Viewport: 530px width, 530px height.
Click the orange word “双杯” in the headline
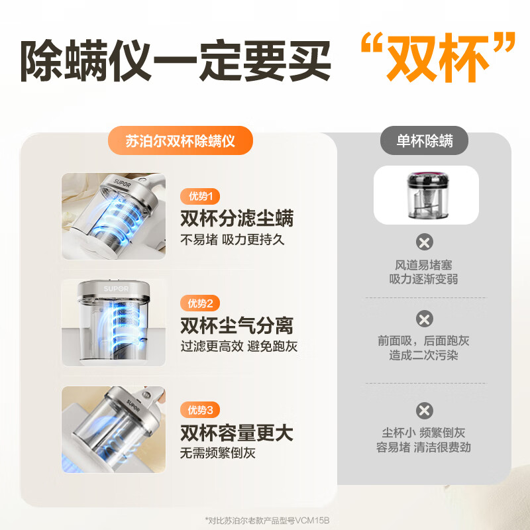point(438,58)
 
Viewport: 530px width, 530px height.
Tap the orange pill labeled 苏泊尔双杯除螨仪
point(180,140)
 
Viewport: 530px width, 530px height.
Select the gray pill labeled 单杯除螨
point(424,140)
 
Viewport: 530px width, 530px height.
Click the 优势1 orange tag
point(200,196)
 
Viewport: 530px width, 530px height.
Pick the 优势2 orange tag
point(200,303)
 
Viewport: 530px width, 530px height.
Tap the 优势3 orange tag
point(200,410)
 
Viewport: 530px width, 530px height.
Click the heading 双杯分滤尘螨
point(237,218)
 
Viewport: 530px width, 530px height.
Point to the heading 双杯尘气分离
point(237,325)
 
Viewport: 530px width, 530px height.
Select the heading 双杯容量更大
point(237,433)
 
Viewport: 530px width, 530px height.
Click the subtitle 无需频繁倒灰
point(218,453)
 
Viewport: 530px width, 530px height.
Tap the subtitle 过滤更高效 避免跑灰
point(239,346)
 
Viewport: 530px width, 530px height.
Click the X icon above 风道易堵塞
point(425,242)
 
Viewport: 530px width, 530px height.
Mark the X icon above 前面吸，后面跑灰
point(425,319)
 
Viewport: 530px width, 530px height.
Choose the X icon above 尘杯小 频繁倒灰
point(425,411)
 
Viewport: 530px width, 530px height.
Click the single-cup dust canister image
point(427,195)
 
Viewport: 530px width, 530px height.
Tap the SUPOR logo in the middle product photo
point(116,289)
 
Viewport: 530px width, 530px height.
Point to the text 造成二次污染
point(423,355)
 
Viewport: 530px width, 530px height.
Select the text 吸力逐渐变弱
point(423,279)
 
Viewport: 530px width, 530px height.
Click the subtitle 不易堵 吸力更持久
point(233,240)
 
